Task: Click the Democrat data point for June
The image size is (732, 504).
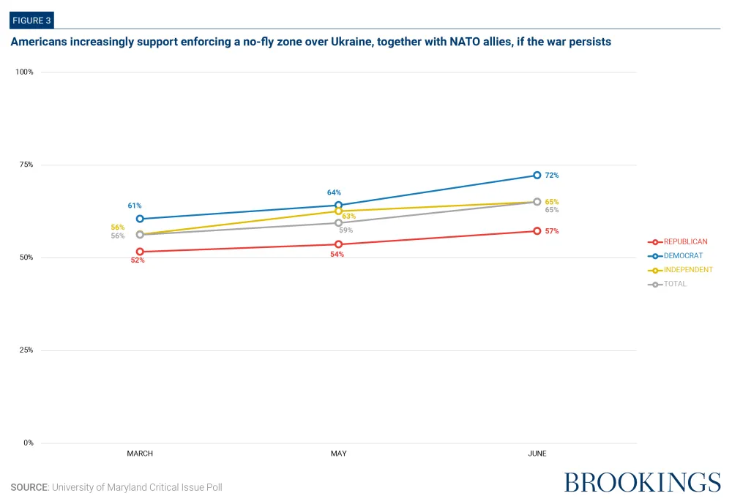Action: pyautogui.click(x=537, y=175)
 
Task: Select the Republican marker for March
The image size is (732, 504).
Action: pyautogui.click(x=140, y=252)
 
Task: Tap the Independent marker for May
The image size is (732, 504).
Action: pyautogui.click(x=338, y=211)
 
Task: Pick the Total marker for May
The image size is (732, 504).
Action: pyautogui.click(x=338, y=222)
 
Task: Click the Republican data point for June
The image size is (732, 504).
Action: pyautogui.click(x=537, y=231)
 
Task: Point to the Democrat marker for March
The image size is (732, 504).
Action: pyautogui.click(x=140, y=219)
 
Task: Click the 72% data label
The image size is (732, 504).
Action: pyautogui.click(x=552, y=175)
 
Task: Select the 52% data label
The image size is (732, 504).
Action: pyautogui.click(x=138, y=260)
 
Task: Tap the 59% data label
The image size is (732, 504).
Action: pyautogui.click(x=346, y=230)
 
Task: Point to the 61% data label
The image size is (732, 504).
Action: pyautogui.click(x=135, y=206)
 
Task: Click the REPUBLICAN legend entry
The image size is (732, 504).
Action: pyautogui.click(x=677, y=241)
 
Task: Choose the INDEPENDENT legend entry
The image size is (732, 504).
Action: pyautogui.click(x=680, y=270)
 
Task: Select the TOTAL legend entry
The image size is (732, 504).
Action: pyautogui.click(x=667, y=284)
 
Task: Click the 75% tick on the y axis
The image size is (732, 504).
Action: pyautogui.click(x=26, y=165)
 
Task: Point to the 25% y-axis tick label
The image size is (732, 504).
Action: pyautogui.click(x=26, y=350)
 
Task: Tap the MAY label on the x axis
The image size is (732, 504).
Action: pyautogui.click(x=338, y=453)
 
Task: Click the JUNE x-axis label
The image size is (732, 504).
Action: pyautogui.click(x=537, y=453)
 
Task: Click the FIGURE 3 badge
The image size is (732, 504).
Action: pyautogui.click(x=31, y=20)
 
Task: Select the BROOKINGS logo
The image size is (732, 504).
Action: pyautogui.click(x=643, y=483)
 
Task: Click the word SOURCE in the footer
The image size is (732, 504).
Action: pyautogui.click(x=29, y=487)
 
